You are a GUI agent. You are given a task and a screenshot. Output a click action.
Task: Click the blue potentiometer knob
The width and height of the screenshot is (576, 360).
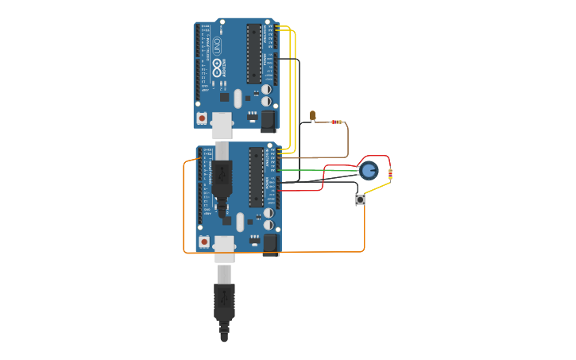click(369, 170)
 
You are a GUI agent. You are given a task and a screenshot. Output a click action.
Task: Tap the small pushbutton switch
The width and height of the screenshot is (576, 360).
click(360, 200)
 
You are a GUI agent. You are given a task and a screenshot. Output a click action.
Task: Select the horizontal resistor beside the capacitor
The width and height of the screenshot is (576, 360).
click(337, 122)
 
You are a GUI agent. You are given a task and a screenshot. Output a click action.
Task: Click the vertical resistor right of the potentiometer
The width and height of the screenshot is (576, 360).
click(390, 174)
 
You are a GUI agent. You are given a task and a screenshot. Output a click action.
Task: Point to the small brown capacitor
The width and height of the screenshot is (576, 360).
click(313, 116)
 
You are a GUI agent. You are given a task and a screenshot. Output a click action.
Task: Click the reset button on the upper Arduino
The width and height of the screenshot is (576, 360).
click(202, 118)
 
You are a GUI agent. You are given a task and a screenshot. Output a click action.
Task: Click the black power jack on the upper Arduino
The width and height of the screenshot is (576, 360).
click(268, 120)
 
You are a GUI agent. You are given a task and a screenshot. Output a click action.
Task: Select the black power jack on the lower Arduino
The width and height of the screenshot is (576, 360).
click(270, 244)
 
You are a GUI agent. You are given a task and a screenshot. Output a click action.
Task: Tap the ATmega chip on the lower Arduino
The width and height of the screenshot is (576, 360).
click(256, 176)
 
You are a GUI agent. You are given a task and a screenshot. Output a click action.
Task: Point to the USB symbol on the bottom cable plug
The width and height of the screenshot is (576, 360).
click(223, 297)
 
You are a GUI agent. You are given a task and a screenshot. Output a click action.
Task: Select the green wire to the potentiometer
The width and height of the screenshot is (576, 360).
click(318, 170)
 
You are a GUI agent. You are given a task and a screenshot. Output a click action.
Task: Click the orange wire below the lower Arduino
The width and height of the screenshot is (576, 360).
click(318, 252)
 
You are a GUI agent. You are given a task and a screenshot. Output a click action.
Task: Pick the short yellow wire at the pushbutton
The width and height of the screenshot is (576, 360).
click(377, 188)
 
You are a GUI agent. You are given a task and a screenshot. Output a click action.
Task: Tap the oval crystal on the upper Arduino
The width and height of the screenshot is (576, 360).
click(238, 99)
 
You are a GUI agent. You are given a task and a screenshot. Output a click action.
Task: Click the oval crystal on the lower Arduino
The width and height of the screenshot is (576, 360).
click(240, 223)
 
